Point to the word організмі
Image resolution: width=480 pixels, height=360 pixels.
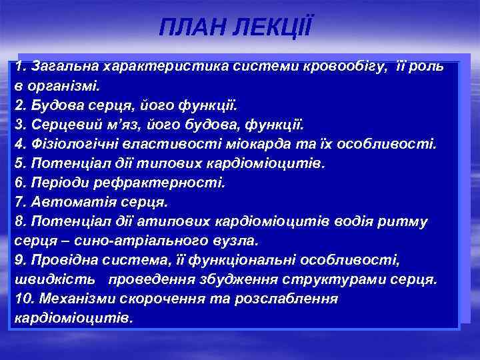tap(63, 86)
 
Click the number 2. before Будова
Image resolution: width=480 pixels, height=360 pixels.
tap(20, 105)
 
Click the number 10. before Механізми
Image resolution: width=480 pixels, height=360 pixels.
tap(24, 298)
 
